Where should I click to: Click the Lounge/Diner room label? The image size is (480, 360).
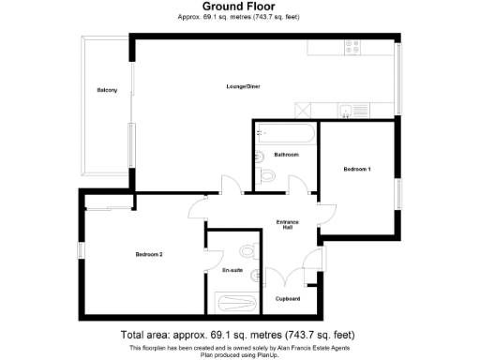(242, 86)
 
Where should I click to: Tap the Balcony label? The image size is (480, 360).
(107, 90)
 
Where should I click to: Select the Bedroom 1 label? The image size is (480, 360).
(357, 169)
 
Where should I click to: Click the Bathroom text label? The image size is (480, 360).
(286, 154)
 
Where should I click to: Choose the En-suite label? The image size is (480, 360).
(232, 270)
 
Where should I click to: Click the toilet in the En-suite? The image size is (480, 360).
(247, 251)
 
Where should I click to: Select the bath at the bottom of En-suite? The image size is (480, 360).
(233, 301)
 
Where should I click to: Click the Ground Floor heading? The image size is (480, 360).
(239, 7)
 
